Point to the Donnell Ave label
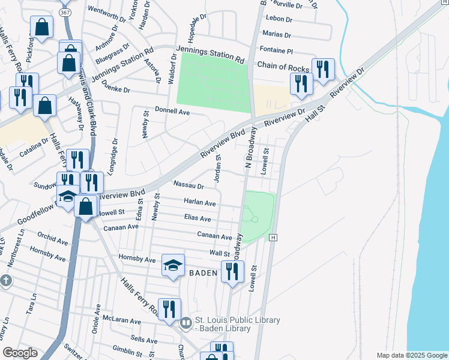[x=172, y=112]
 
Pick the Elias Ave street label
[x=197, y=219]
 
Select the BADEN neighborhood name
[x=204, y=273]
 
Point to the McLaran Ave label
[x=121, y=320]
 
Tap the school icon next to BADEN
[x=173, y=266]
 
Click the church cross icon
[x=5, y=280]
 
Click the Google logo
[x=20, y=353]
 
